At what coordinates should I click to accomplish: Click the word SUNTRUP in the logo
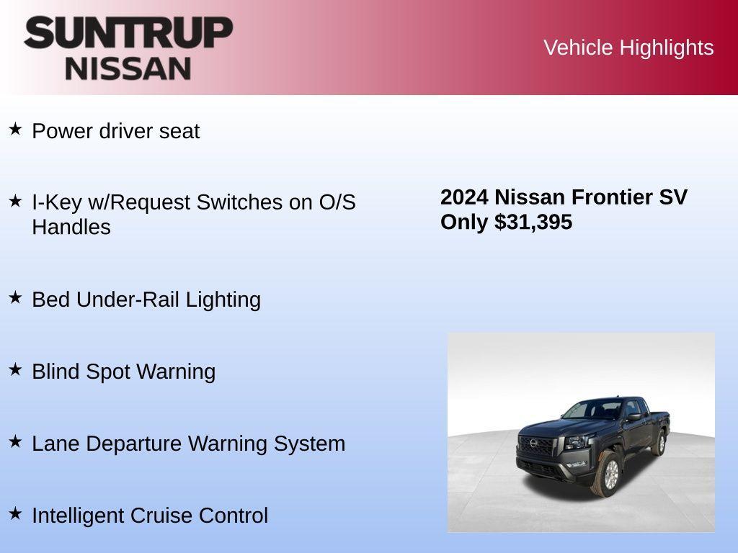[128, 32]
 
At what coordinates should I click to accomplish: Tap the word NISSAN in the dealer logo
[128, 68]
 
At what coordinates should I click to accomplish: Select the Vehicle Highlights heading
[628, 48]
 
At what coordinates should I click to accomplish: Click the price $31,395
[533, 222]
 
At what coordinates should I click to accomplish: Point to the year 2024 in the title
[464, 197]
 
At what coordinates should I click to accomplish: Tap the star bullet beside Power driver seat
[15, 130]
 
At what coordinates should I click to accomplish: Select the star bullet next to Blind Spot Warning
[15, 369]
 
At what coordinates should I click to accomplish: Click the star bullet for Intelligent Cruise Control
[15, 513]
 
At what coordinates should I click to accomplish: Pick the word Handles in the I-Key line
[71, 227]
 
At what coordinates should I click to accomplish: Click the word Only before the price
[465, 222]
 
